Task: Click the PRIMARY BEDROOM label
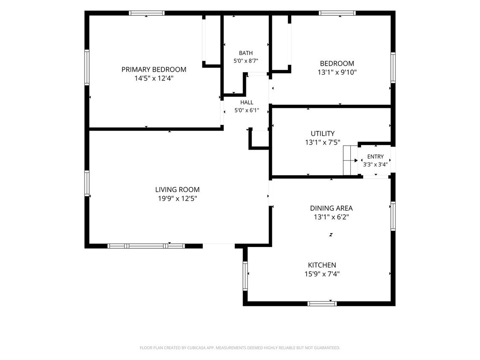[154, 70]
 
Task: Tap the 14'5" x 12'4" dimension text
[154, 78]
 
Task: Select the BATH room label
[246, 53]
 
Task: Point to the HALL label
[247, 102]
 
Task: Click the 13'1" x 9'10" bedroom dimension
[337, 73]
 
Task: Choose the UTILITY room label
[323, 134]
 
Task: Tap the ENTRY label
[375, 157]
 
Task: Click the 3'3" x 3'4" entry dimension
[375, 164]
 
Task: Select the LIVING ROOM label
[177, 190]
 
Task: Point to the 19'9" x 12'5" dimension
[177, 199]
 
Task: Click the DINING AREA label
[331, 208]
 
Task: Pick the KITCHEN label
[322, 265]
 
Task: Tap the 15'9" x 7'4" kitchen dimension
[322, 274]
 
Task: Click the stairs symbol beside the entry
[350, 160]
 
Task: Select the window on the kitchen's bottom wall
[322, 304]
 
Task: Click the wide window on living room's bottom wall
[146, 246]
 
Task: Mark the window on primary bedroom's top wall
[146, 13]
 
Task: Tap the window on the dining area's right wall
[393, 216]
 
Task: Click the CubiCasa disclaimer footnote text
[240, 348]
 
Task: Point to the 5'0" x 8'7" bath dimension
[246, 61]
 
